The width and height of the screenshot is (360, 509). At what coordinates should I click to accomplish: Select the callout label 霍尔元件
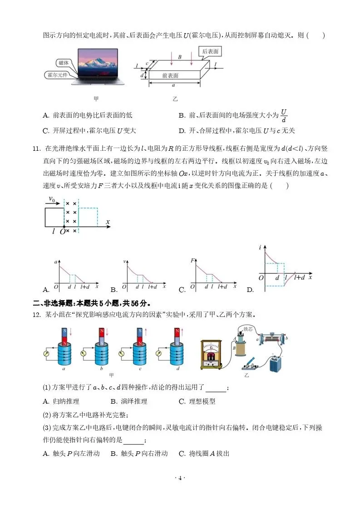click(x=57, y=74)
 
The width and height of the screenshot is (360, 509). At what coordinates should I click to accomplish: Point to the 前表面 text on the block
click(x=170, y=75)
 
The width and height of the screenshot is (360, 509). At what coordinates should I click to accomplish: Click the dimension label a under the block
click(x=173, y=85)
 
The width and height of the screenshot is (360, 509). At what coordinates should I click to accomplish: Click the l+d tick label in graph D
click(x=299, y=277)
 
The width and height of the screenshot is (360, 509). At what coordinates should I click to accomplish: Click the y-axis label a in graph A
click(x=55, y=262)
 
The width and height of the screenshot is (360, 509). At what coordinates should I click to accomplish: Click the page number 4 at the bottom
click(x=180, y=478)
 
